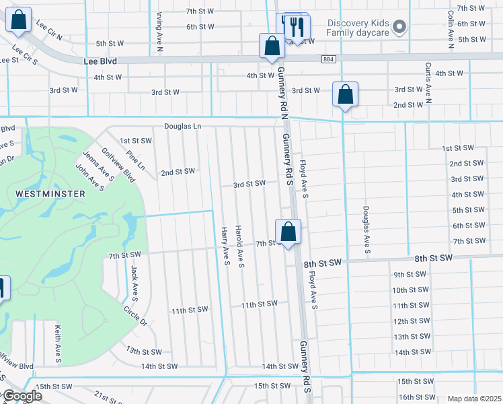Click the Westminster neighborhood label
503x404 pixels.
pyautogui.click(x=51, y=194)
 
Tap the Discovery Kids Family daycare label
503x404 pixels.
pyautogui.click(x=358, y=28)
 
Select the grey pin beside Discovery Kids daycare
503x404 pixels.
pyautogui.click(x=400, y=28)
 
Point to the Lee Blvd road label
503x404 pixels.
pyautogui.click(x=100, y=61)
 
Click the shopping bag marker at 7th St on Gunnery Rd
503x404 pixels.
pyautogui.click(x=288, y=233)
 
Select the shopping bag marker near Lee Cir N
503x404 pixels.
pyautogui.click(x=18, y=21)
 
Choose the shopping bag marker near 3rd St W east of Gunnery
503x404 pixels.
pyautogui.click(x=345, y=95)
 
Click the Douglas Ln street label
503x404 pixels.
pyautogui.click(x=182, y=126)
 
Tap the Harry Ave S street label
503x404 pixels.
pyautogui.click(x=225, y=246)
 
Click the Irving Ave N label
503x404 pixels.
pyautogui.click(x=160, y=26)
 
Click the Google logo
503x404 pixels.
pyautogui.click(x=22, y=396)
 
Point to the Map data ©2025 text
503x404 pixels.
pyautogui.click(x=474, y=399)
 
